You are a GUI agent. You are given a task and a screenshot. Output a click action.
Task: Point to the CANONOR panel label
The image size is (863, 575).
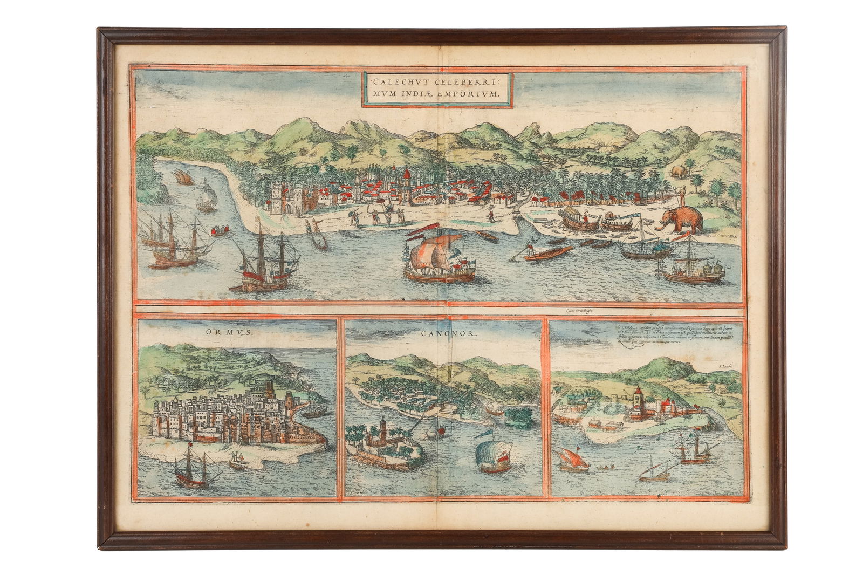446,334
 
